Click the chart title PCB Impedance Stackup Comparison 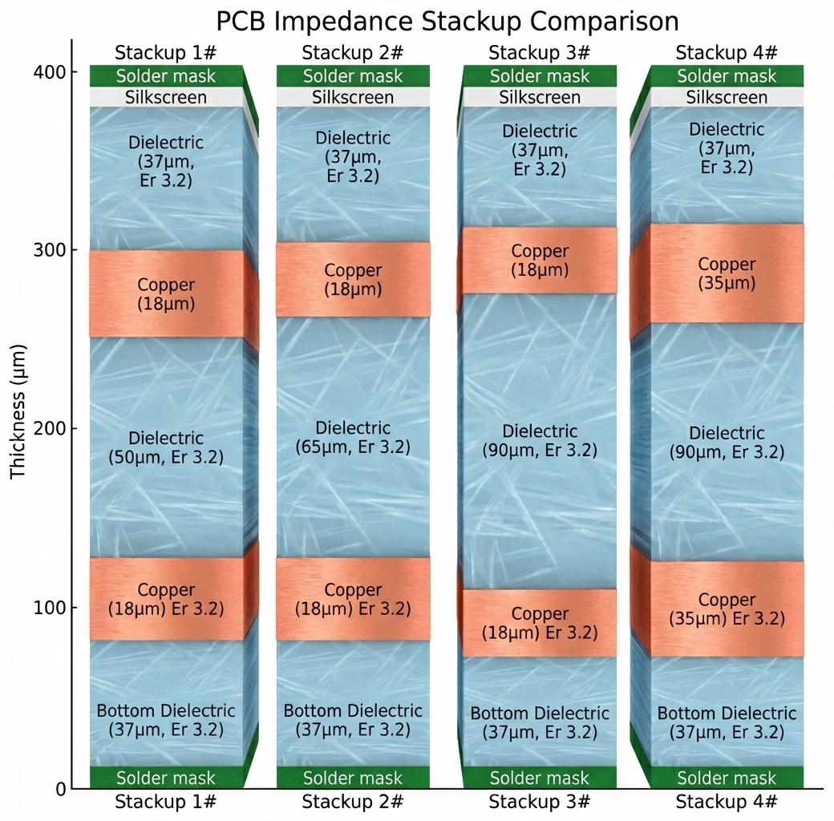point(447,20)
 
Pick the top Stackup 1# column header point(166,54)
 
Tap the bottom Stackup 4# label point(727,801)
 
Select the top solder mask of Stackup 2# point(353,76)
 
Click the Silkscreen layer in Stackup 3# point(540,98)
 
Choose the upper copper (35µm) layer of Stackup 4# point(727,273)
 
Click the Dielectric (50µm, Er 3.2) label point(166,448)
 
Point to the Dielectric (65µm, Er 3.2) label point(353,438)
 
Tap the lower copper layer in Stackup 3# point(540,623)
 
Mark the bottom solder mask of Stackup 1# point(166,778)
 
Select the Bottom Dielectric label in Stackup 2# point(353,720)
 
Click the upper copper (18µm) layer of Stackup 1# point(166,293)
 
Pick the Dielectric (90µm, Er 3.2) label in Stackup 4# point(727,443)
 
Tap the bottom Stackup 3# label point(540,801)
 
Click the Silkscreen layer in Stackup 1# point(166,98)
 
